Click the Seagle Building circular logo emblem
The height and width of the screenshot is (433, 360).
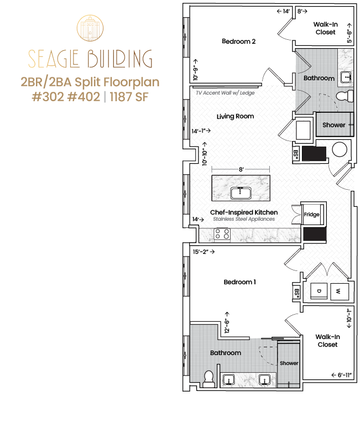90,28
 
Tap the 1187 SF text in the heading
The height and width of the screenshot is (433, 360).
129,97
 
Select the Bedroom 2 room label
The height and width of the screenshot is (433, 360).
238,41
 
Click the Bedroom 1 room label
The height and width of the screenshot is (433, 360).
239,282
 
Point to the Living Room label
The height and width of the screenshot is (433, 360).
235,116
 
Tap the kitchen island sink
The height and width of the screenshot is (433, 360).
241,193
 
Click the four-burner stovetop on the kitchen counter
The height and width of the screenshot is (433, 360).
222,234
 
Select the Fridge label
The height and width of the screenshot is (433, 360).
312,215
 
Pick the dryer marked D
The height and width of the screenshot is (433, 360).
319,291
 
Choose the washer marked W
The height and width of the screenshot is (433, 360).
340,291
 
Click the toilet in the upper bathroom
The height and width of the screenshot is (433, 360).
345,96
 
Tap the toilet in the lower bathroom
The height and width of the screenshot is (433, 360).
208,379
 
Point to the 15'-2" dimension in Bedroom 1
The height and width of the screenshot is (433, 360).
204,252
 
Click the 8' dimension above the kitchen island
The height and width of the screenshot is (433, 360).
241,169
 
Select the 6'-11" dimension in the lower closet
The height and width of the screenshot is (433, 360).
342,375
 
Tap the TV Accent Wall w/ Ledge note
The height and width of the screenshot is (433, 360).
225,93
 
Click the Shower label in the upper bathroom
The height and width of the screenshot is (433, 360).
334,125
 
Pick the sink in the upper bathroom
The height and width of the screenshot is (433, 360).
346,77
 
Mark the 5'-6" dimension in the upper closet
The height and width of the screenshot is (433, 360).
349,33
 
